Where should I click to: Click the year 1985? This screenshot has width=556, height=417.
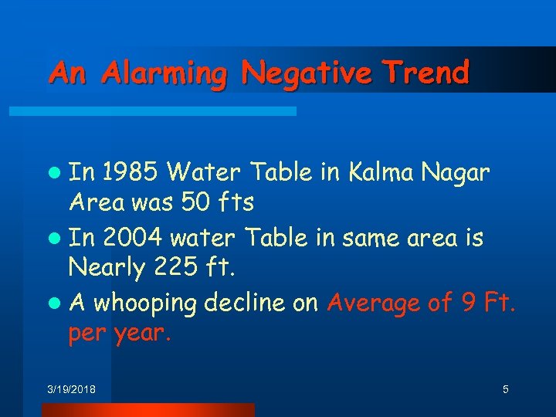click(128, 171)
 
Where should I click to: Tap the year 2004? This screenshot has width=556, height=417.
click(129, 238)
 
